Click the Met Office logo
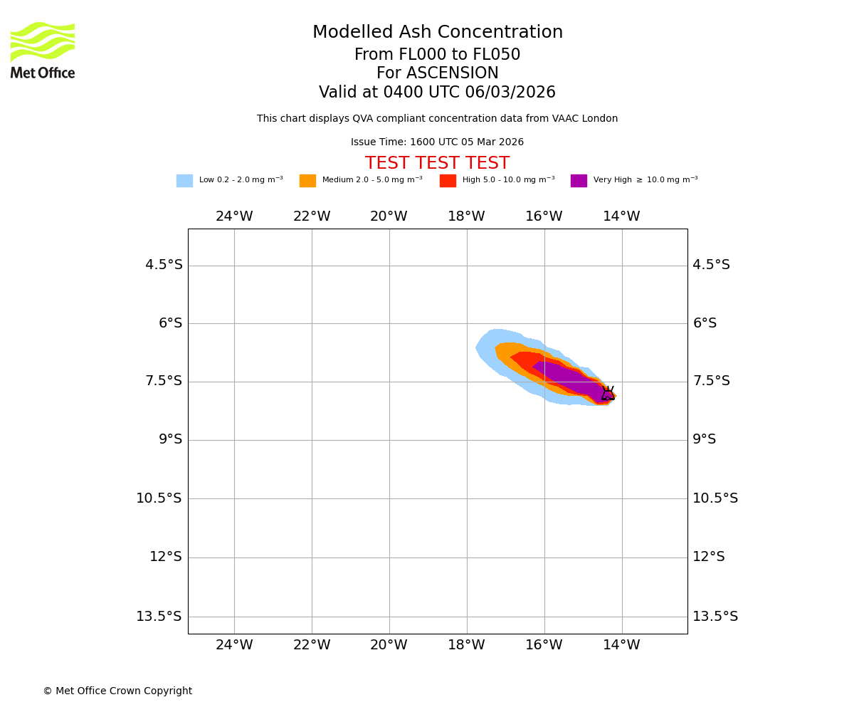[43, 50]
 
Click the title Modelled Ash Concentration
[438, 33]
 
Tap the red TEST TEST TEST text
[437, 163]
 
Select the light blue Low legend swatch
[184, 181]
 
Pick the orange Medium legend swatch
[307, 181]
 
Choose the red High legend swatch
[448, 181]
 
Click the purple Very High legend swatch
[579, 181]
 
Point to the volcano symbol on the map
[608, 393]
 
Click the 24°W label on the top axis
[234, 216]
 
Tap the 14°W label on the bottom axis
[621, 645]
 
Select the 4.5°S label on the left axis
[164, 265]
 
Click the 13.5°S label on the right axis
[715, 617]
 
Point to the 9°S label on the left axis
[170, 439]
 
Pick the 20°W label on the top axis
[389, 216]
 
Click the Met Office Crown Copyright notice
[117, 691]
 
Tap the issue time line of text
[437, 142]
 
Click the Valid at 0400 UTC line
[437, 93]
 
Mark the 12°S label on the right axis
[709, 557]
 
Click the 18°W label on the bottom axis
[466, 645]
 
